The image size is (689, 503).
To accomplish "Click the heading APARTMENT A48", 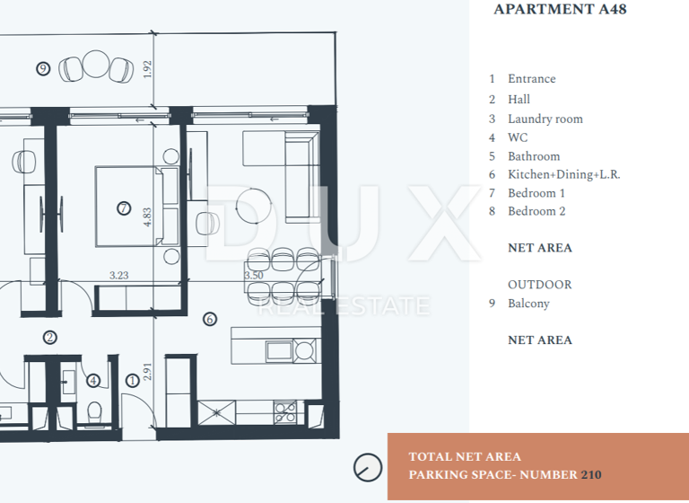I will (x=560, y=10).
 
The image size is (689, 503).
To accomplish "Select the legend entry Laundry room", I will (x=545, y=119).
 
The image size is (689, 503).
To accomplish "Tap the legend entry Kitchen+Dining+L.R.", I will (x=563, y=174).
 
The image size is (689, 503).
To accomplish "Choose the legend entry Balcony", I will (x=528, y=304).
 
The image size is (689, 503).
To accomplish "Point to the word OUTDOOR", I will (x=539, y=285).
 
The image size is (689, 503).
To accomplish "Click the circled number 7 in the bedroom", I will (x=124, y=208).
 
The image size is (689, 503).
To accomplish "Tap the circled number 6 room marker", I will (x=210, y=318).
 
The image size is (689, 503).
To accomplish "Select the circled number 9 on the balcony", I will (x=42, y=68).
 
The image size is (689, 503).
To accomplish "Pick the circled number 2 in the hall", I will (x=50, y=338).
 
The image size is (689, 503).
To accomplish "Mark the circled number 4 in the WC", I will (x=93, y=380).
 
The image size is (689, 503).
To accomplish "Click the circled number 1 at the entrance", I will (x=132, y=380).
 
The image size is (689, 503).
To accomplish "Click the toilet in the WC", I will (x=94, y=412).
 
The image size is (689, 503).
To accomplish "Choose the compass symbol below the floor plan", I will (x=367, y=467).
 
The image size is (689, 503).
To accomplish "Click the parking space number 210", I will (x=591, y=474).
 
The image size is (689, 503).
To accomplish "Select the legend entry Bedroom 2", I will (x=536, y=211).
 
